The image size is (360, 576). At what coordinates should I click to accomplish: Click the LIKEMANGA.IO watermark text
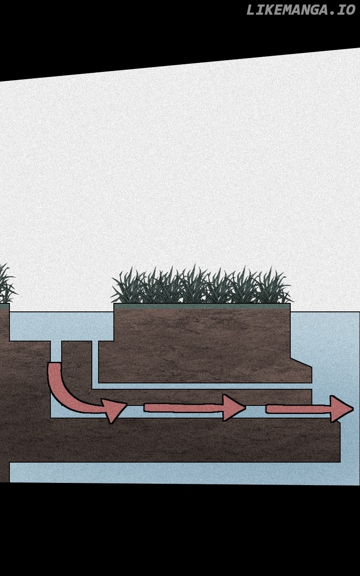301,10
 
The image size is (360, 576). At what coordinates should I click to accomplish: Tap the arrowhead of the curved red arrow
114,411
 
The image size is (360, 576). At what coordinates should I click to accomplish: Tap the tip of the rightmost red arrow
354,409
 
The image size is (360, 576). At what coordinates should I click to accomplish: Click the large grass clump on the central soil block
202,284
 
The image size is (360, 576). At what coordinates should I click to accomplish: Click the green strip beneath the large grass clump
202,306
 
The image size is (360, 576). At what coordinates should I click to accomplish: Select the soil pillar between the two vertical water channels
76,365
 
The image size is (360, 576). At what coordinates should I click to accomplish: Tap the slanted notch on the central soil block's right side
301,362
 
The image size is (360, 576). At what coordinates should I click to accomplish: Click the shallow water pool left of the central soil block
62,326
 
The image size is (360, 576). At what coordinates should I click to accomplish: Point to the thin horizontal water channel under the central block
202,386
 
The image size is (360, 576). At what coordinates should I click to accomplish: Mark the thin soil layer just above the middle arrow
202,396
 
